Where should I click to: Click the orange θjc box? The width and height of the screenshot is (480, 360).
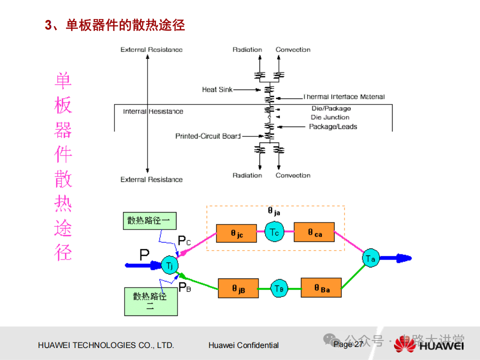pos(236,233)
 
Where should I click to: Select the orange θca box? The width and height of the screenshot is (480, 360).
pos(314,232)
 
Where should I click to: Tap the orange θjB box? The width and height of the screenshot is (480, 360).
pos(238,288)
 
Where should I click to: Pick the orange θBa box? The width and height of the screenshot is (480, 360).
pos(321,287)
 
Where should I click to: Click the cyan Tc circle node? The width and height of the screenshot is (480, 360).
pos(274,232)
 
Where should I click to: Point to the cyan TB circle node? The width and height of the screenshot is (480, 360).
pos(279,288)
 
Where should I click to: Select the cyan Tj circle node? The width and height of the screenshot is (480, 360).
pos(170,265)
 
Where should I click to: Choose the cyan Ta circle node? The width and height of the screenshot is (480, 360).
pos(370,258)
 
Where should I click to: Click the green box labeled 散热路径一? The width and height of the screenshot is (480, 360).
pos(148,220)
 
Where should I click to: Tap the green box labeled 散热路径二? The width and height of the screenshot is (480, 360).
pos(150,301)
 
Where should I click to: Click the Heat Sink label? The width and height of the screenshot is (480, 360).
pos(216,89)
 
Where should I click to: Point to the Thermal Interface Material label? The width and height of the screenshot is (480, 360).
pos(344,97)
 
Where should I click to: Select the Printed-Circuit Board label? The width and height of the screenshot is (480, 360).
pos(207,136)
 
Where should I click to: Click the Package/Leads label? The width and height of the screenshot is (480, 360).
pos(333,126)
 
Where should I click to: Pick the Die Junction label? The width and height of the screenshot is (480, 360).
pos(330,117)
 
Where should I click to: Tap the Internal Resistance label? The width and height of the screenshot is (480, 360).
pos(153,111)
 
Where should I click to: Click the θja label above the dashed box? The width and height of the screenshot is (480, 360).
pos(273,211)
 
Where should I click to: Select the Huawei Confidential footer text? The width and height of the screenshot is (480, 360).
pos(243,345)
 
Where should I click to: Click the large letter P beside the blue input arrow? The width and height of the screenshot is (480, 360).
pos(144,255)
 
